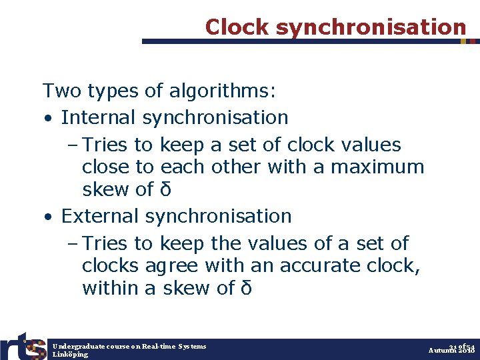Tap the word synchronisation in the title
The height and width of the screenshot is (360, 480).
coord(371,27)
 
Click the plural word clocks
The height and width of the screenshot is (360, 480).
coord(110,265)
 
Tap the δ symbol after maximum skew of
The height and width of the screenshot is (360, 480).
coord(165,189)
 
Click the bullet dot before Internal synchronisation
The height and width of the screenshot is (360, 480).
coord(48,119)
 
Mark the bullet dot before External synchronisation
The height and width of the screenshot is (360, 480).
coord(48,217)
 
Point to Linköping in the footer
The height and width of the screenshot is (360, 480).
coord(70,355)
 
